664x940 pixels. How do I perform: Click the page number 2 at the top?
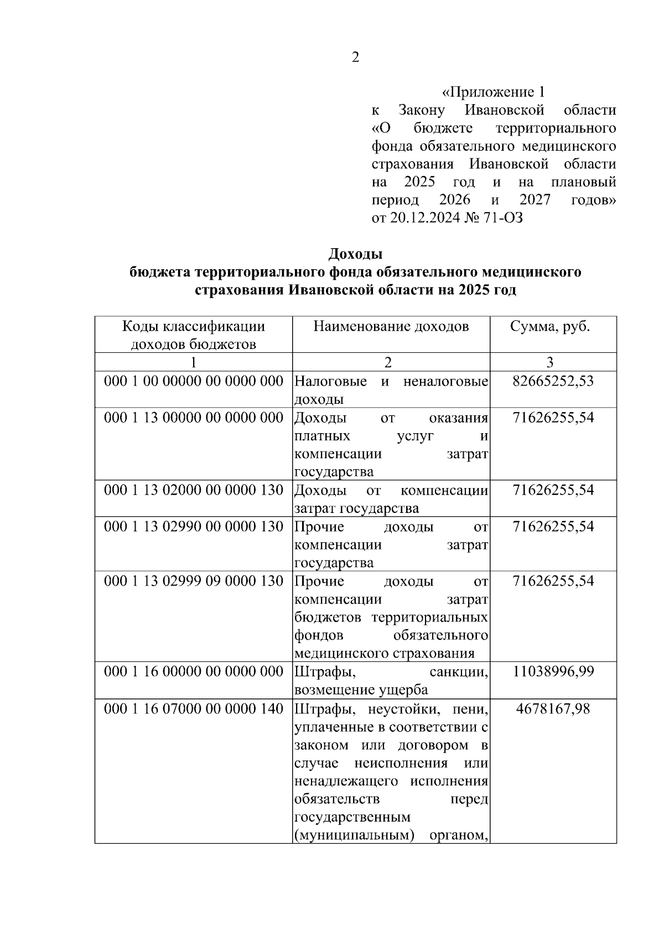[355, 57]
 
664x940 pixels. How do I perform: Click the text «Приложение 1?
[494, 92]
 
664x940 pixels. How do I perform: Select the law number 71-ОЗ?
[504, 218]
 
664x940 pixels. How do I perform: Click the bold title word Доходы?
[355, 254]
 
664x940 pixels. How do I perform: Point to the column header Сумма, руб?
[549, 326]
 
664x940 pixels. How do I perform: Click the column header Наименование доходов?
[391, 326]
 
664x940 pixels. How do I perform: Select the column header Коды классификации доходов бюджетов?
[193, 335]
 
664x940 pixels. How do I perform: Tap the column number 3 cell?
[549, 362]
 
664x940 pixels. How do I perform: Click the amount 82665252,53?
[553, 381]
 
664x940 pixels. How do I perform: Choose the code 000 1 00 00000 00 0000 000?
[193, 381]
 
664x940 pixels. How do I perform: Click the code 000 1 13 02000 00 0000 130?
[193, 490]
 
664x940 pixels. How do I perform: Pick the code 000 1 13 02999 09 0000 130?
[193, 581]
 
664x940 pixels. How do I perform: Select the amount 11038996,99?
[553, 672]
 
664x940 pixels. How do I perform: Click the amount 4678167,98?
[553, 708]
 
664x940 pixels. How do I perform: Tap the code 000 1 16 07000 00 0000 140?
[193, 708]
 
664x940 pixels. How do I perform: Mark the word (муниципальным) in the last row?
[355, 835]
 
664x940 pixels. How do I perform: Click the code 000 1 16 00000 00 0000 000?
[193, 672]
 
